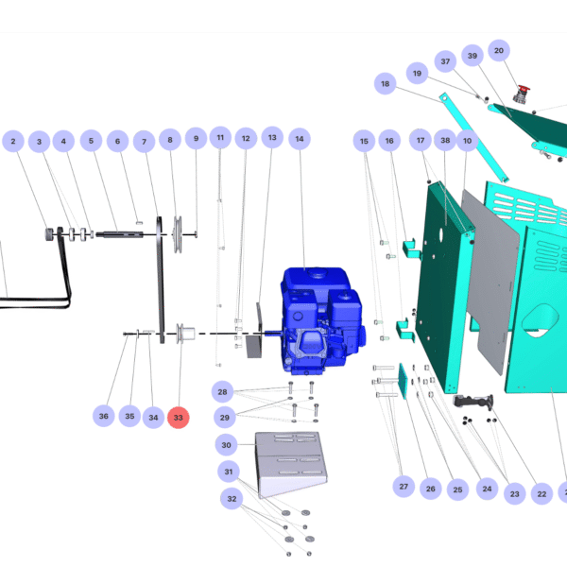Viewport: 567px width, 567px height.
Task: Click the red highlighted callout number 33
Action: (179, 417)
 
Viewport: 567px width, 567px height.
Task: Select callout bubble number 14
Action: (299, 140)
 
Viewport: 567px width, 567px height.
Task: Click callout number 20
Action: (499, 50)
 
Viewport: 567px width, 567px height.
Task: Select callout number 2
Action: (13, 142)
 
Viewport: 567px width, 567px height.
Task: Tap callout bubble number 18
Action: (385, 84)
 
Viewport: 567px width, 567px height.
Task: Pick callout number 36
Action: (104, 416)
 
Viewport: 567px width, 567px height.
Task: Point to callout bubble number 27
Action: (404, 487)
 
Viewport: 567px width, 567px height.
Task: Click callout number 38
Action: (445, 140)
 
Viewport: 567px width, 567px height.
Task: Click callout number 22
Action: (541, 493)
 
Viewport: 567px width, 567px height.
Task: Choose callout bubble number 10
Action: (466, 141)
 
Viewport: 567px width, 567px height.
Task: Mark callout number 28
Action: (223, 391)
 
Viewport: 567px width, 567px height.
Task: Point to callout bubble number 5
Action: (91, 142)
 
